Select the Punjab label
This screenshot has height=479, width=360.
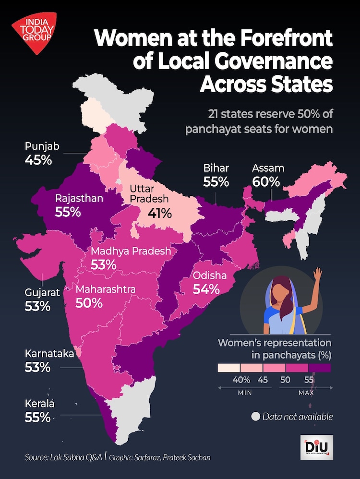(x=42, y=146)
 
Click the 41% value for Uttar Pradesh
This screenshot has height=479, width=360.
(x=159, y=213)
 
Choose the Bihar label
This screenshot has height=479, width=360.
(x=216, y=168)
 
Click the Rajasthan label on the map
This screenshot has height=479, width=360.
(x=79, y=198)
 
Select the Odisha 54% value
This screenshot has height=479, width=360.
(x=206, y=289)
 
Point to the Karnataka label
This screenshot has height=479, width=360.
(x=50, y=354)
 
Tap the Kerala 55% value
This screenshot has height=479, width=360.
(x=37, y=417)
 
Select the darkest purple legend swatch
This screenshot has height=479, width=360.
(x=320, y=368)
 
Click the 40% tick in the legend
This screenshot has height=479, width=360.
(x=241, y=380)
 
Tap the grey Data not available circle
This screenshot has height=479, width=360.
(x=256, y=417)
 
